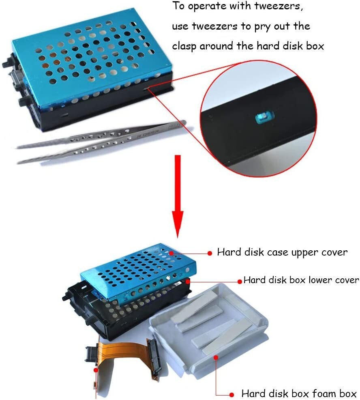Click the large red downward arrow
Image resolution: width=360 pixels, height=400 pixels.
(178, 196)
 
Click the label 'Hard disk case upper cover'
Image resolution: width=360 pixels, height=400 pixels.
(282, 252)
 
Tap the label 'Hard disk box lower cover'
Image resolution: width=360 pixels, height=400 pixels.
(301, 280)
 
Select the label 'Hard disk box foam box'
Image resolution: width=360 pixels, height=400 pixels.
(299, 393)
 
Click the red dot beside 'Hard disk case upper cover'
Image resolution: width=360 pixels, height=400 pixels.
(210, 253)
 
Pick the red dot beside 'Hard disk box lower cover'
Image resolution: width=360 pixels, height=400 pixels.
(240, 282)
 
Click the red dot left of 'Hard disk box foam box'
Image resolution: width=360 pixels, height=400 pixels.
(231, 395)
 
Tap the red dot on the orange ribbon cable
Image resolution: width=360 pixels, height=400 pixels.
(96, 370)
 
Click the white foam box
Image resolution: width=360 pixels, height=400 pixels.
(209, 329)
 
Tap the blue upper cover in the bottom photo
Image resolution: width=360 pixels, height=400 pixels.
(138, 273)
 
